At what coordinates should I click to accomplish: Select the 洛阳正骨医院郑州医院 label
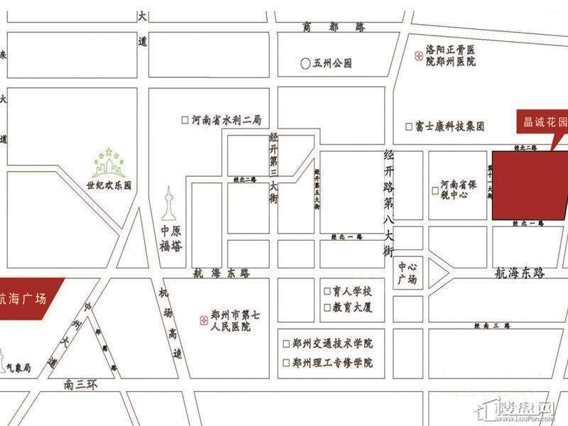click(x=450, y=56)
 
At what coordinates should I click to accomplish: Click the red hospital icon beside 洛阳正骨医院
click(x=417, y=54)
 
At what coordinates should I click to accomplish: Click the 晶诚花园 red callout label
click(x=541, y=122)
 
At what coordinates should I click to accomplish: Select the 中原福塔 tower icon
click(x=170, y=204)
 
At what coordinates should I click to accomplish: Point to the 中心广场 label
click(x=408, y=273)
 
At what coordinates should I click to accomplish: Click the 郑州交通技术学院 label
click(x=332, y=342)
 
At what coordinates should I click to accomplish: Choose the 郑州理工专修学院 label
click(x=332, y=363)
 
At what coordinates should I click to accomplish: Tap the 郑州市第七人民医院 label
click(x=231, y=320)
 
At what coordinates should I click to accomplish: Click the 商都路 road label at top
click(x=333, y=27)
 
